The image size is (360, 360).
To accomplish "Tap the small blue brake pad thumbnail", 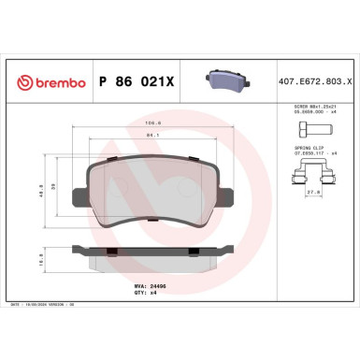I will (x=223, y=81).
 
